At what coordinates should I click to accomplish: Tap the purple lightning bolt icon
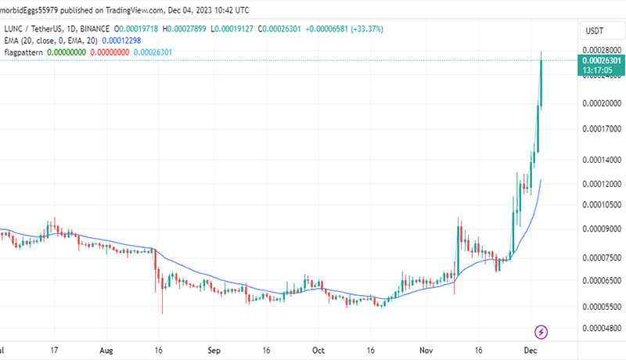tap(540, 331)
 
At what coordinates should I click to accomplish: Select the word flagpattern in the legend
tap(23, 52)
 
